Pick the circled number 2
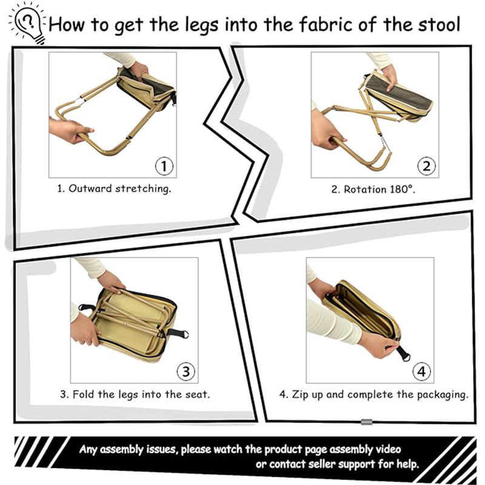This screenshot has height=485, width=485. [x=426, y=166]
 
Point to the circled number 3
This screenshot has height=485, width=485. [x=186, y=370]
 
